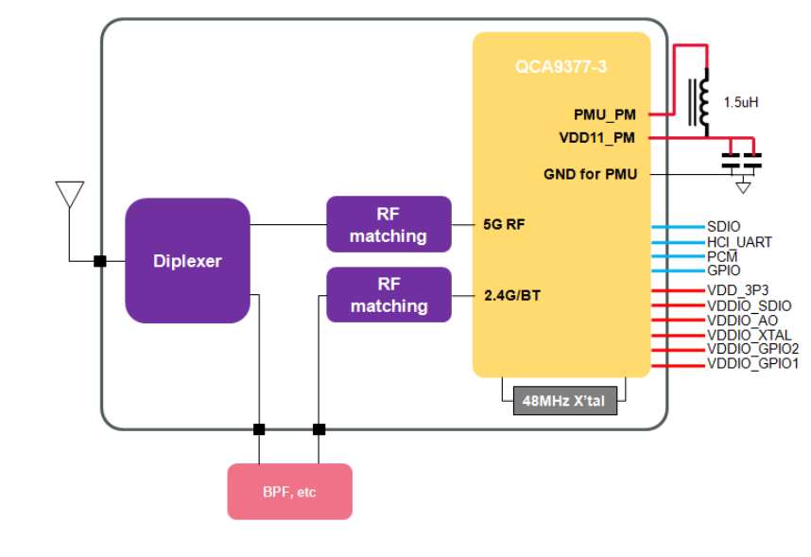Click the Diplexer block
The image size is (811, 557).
point(187,261)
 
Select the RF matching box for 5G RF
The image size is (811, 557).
point(388,225)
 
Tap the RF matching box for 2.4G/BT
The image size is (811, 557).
point(388,295)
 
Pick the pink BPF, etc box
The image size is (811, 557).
point(289,492)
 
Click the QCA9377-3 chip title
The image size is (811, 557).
point(561,67)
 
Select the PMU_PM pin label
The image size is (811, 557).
point(605,114)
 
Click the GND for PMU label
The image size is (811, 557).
point(590,174)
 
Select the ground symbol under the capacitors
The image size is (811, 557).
point(744,186)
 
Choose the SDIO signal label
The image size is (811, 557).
point(724,227)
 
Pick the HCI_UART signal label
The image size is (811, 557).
point(739,242)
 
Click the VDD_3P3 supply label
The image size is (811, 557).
point(737,290)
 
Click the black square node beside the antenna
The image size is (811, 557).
point(99,261)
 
